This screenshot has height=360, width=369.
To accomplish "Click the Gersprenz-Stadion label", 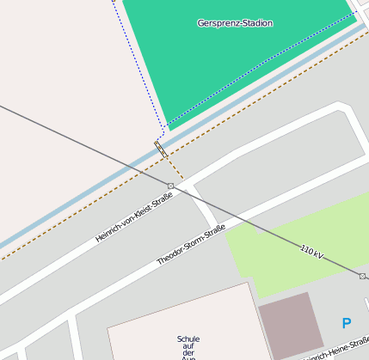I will pyautogui.click(x=235, y=23).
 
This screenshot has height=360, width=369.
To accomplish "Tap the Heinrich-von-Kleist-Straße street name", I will pyautogui.click(x=134, y=217).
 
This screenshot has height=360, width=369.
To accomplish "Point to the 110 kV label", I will pyautogui.click(x=312, y=252).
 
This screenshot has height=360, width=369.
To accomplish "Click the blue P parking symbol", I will pyautogui.click(x=347, y=324).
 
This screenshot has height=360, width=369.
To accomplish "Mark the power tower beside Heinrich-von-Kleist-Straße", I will pyautogui.click(x=170, y=186).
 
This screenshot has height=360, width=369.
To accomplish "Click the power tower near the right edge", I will pyautogui.click(x=363, y=277).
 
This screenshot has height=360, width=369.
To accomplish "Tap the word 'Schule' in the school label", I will pyautogui.click(x=188, y=339).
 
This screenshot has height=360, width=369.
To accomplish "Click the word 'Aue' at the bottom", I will pyautogui.click(x=188, y=357).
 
